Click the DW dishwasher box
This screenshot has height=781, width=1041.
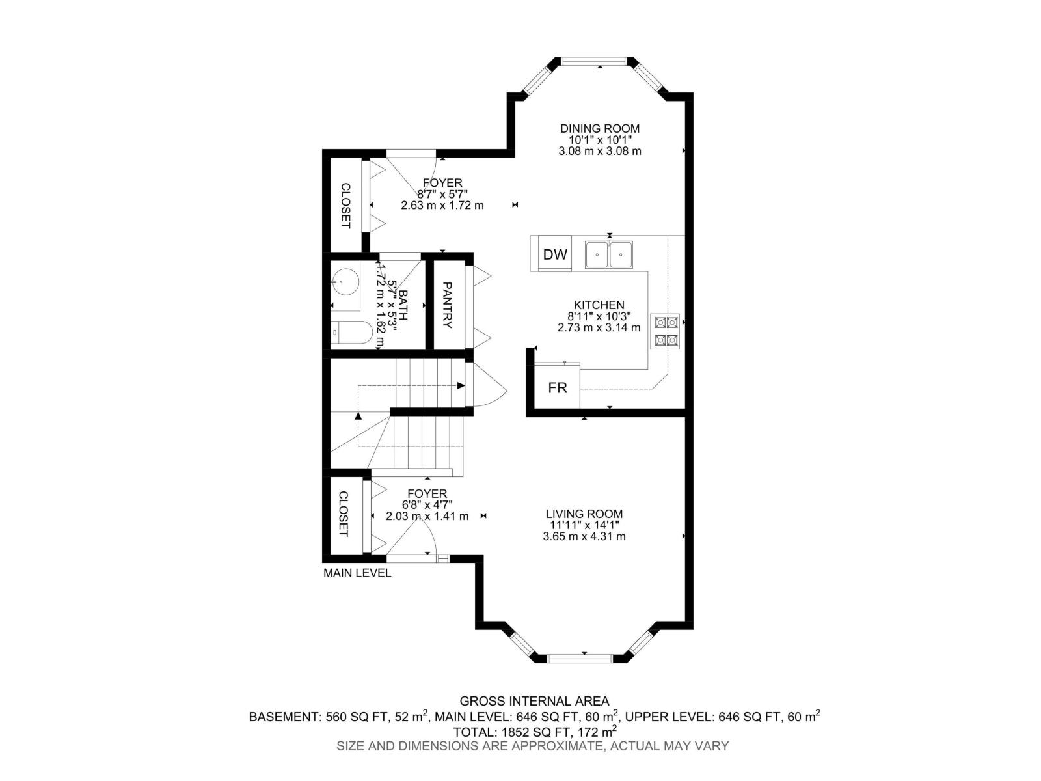(x=555, y=254)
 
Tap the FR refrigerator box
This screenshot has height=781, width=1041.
(x=558, y=388)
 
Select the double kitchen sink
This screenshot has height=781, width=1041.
(x=609, y=254)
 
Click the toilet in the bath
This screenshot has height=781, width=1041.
(x=351, y=333)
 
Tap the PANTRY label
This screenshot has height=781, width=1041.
(x=447, y=305)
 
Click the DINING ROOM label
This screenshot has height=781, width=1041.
(x=600, y=129)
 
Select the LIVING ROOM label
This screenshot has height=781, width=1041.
(x=584, y=514)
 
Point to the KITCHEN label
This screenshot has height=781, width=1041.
(x=599, y=305)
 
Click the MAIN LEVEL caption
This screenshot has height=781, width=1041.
(x=357, y=573)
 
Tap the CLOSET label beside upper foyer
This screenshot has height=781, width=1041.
(x=345, y=205)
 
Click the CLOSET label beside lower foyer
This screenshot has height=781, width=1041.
(x=344, y=514)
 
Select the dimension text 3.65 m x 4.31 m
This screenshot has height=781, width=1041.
(x=584, y=536)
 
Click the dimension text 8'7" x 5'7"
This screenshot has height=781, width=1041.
(x=442, y=194)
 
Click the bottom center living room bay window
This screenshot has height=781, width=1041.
(x=580, y=658)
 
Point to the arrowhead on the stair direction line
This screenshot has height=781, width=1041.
(x=461, y=386)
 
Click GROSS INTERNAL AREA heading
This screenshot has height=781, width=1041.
(x=534, y=701)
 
